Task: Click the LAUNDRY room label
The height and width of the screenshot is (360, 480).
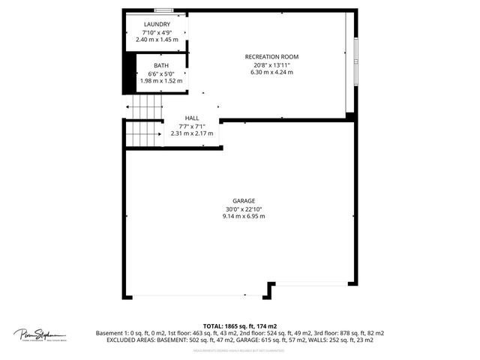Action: pyautogui.click(x=157, y=25)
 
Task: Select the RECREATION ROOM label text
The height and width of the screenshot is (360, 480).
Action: pyautogui.click(x=272, y=57)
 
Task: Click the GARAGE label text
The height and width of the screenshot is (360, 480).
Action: pyautogui.click(x=244, y=201)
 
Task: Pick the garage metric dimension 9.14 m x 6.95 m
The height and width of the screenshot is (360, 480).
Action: pyautogui.click(x=244, y=216)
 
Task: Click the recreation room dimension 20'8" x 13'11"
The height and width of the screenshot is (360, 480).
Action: pyautogui.click(x=272, y=64)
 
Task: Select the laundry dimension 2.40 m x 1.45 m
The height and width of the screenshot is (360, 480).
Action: pyautogui.click(x=157, y=39)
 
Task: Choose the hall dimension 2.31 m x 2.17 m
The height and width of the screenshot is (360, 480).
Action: pyautogui.click(x=192, y=133)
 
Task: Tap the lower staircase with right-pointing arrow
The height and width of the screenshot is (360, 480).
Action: pyautogui.click(x=144, y=133)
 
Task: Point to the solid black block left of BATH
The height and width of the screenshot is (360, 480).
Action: pyautogui.click(x=128, y=71)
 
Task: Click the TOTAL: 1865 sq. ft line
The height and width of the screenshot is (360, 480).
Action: pyautogui.click(x=240, y=326)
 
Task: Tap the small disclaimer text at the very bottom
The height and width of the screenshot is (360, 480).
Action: pyautogui.click(x=240, y=348)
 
